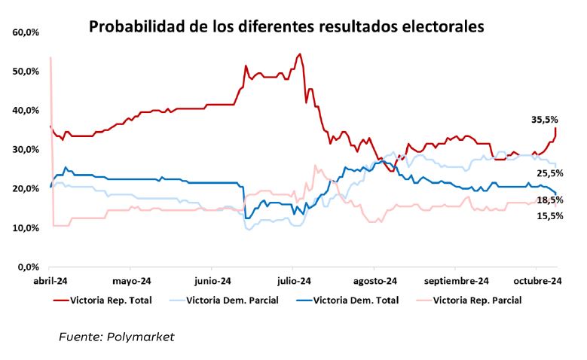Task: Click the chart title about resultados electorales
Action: pyautogui.click(x=286, y=27)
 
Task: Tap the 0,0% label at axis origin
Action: pyautogui.click(x=29, y=267)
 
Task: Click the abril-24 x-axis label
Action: pyautogui.click(x=50, y=282)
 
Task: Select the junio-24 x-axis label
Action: pyautogui.click(x=212, y=282)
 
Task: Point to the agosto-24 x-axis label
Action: pyautogui.click(x=374, y=282)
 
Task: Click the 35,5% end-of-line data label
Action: pyautogui.click(x=545, y=119)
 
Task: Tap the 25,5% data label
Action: pyautogui.click(x=549, y=173)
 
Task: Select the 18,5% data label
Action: pyautogui.click(x=549, y=200)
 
